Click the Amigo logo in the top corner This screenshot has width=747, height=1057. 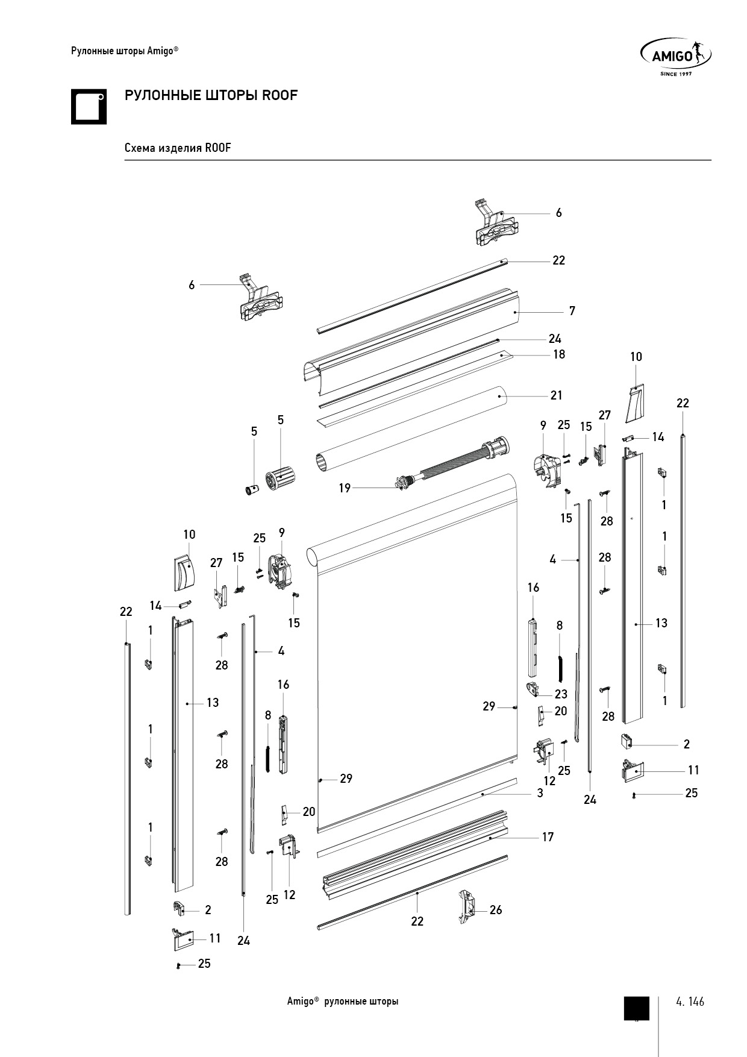[675, 56]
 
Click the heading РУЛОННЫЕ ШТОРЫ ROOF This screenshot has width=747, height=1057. [211, 95]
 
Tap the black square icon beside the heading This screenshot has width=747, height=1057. [89, 107]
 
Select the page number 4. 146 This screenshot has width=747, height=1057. [690, 1002]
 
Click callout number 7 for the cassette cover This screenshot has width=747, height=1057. [572, 311]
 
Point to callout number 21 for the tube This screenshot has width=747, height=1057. [556, 395]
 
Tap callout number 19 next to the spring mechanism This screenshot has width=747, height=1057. [344, 488]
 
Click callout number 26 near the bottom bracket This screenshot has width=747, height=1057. [495, 910]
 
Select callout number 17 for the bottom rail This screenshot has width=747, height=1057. [547, 837]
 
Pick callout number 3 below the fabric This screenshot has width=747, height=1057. [540, 794]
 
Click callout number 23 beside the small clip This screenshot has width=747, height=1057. [561, 694]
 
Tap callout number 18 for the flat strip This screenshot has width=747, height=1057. [559, 354]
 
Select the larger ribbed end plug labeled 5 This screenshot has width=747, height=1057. [281, 479]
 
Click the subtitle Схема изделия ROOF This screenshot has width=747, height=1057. [178, 148]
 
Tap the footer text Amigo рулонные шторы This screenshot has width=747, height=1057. [342, 1002]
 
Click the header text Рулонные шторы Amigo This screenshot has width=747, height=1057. [124, 51]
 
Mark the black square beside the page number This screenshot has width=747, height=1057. [636, 1008]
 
